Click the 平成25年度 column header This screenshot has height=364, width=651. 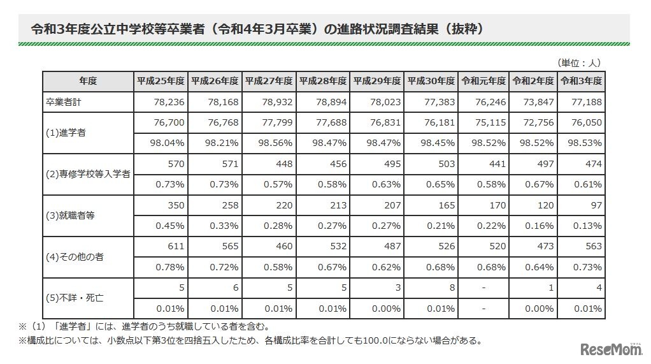pyautogui.click(x=161, y=81)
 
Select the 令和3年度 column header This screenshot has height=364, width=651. pyautogui.click(x=581, y=81)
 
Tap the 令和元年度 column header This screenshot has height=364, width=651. pyautogui.click(x=483, y=81)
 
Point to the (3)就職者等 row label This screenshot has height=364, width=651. pyautogui.click(x=71, y=215)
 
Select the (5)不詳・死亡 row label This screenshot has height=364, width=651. pyautogui.click(x=73, y=298)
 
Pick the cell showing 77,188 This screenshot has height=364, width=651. pyautogui.click(x=587, y=102)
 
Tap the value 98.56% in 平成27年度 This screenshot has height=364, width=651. pyautogui.click(x=276, y=143)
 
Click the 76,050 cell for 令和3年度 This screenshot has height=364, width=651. pyautogui.click(x=587, y=122)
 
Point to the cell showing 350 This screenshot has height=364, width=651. pyautogui.click(x=176, y=205)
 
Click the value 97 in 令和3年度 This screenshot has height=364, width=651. pyautogui.click(x=596, y=205)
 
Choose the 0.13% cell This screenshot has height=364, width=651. pyautogui.click(x=587, y=226)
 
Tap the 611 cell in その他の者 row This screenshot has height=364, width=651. pyautogui.click(x=176, y=247)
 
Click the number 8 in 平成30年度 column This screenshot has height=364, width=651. pyautogui.click(x=452, y=288)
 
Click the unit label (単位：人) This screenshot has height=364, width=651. pyautogui.click(x=579, y=62)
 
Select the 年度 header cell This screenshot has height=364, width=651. pyautogui.click(x=88, y=81)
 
